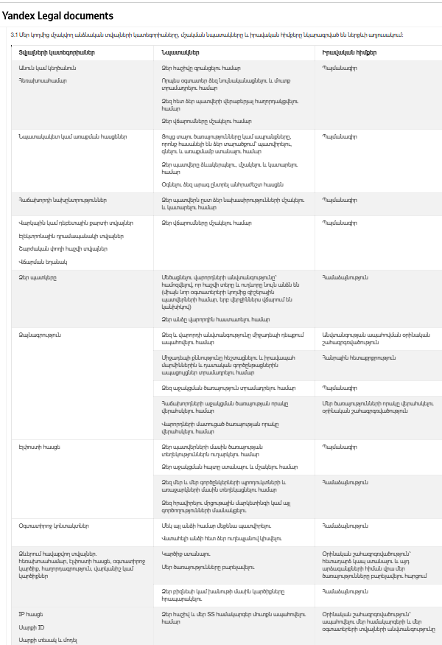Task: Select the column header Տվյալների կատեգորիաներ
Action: [x=57, y=53]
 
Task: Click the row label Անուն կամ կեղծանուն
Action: [x=48, y=68]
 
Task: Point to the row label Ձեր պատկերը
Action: [x=38, y=277]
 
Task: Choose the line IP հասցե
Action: [x=31, y=613]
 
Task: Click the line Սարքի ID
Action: [x=31, y=626]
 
